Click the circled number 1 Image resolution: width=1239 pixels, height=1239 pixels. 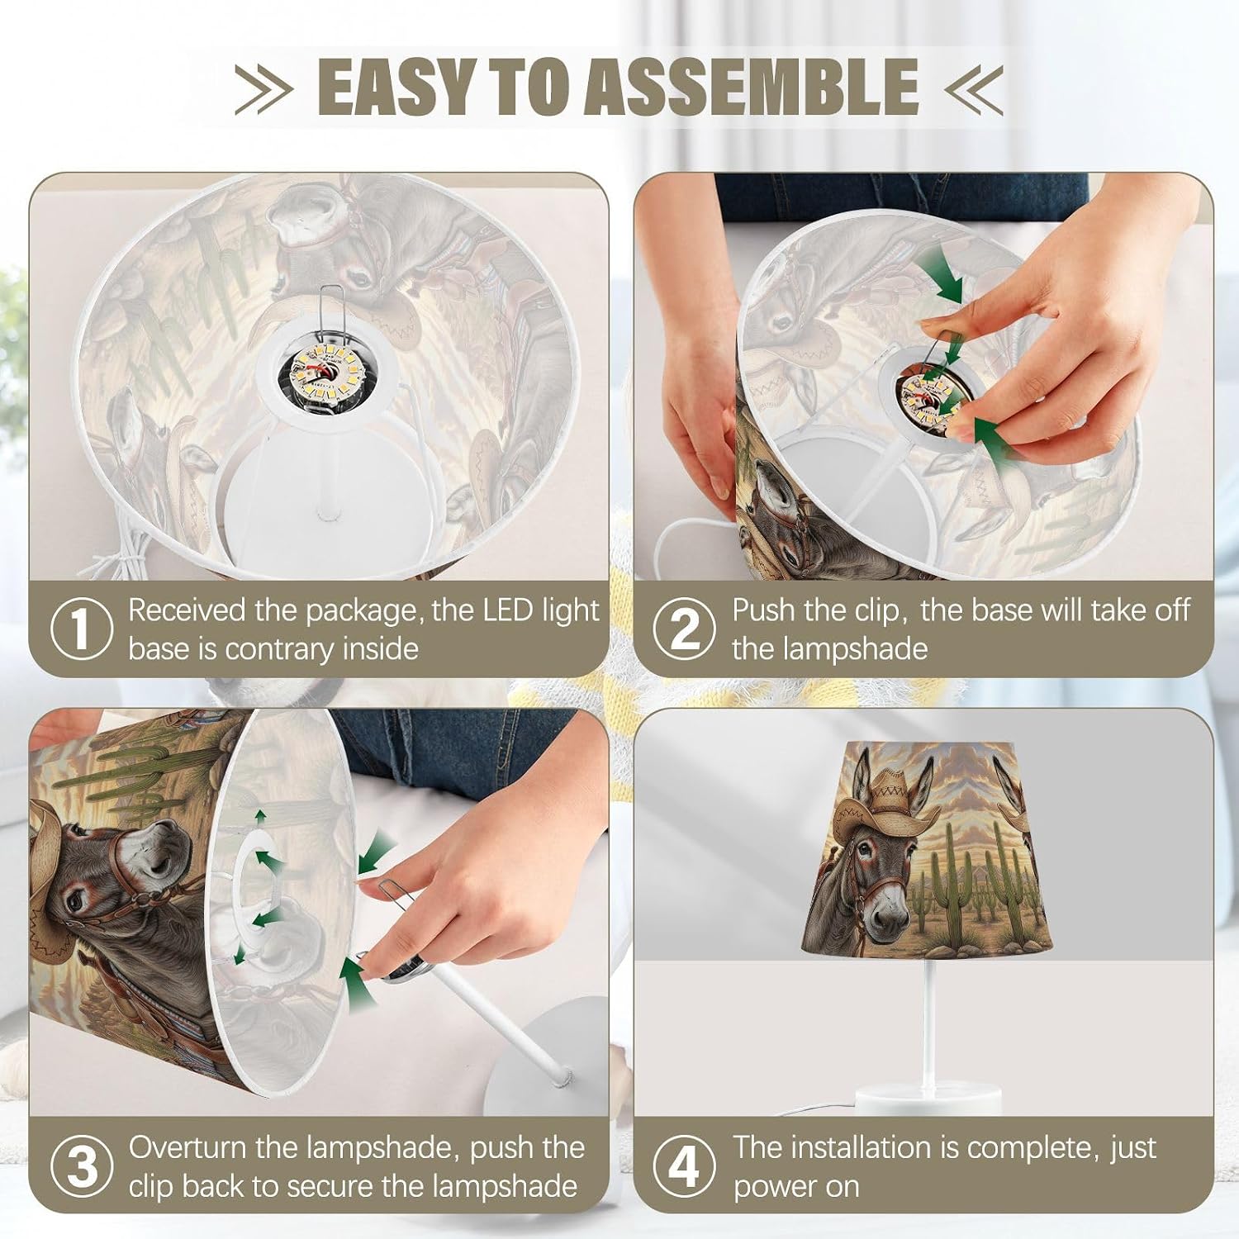(82, 629)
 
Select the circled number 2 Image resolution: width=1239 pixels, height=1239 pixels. (685, 629)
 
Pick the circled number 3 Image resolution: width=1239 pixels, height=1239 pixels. (82, 1166)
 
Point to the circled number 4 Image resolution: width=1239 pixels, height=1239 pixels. (685, 1166)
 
